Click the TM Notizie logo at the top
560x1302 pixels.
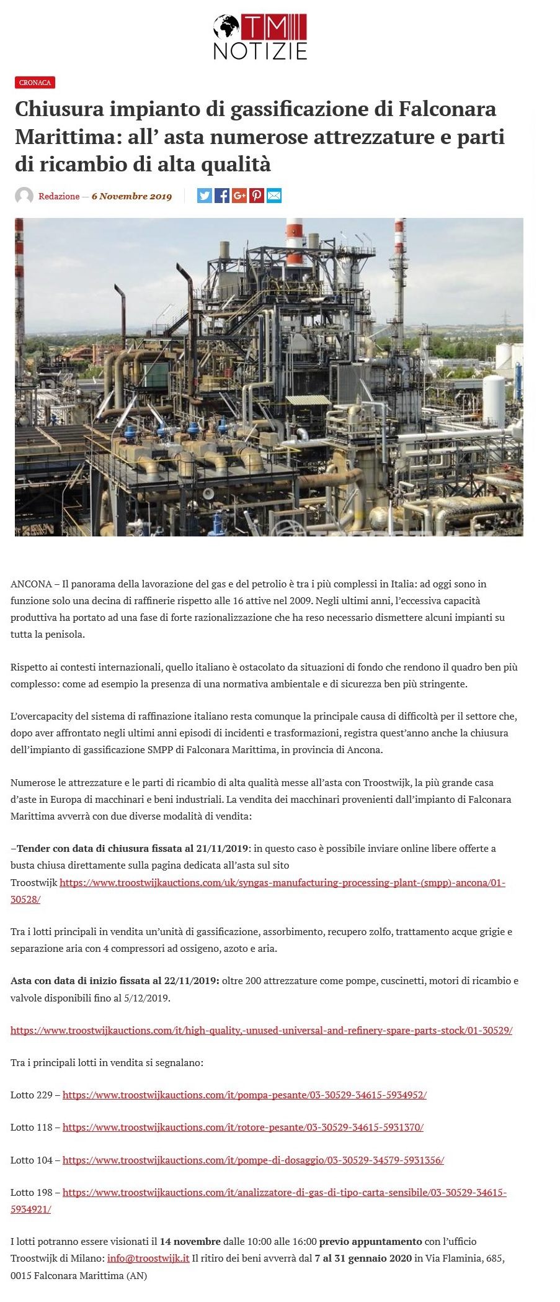[x=260, y=37]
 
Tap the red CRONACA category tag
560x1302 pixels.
[x=35, y=83]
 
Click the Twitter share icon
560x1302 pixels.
[x=205, y=196]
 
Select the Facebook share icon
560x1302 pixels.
[x=222, y=196]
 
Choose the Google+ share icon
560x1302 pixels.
[x=239, y=196]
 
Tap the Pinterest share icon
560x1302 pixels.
[x=257, y=196]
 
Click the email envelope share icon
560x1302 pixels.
[x=274, y=196]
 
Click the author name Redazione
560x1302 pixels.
[x=59, y=196]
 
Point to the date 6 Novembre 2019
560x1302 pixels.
[x=131, y=196]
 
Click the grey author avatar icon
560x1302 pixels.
[x=24, y=196]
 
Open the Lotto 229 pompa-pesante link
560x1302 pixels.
[x=244, y=1095]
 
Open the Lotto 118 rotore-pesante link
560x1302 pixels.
[x=243, y=1127]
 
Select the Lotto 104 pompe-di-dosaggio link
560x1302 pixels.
[x=253, y=1160]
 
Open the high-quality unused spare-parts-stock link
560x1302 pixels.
[x=261, y=1030]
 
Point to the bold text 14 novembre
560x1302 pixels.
[x=190, y=1242]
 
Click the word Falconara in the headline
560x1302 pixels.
[x=447, y=109]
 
